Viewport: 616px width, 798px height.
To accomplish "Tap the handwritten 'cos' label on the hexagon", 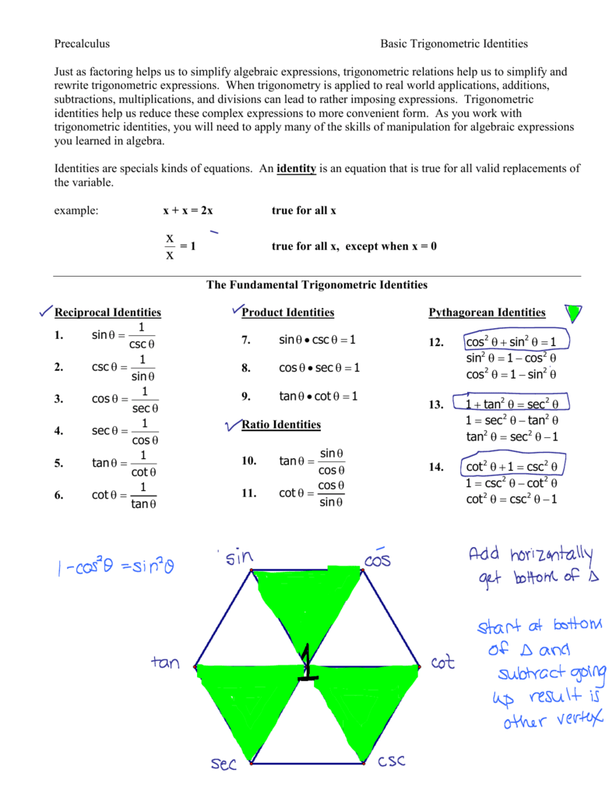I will click(377, 559).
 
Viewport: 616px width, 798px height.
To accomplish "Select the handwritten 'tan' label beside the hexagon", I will click(165, 664).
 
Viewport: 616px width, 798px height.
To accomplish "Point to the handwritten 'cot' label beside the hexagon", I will click(442, 664).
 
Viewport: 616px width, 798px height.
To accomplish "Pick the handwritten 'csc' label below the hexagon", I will click(392, 761).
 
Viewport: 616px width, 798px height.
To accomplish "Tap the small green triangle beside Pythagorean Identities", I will click(575, 313).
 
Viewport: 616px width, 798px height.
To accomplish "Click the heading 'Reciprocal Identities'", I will click(107, 312).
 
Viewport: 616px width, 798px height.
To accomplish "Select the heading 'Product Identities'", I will click(288, 312).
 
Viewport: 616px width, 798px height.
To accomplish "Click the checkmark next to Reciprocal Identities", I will click(45, 312).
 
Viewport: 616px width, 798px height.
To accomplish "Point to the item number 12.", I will click(435, 342).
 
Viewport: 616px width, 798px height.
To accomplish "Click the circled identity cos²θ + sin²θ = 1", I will click(511, 342).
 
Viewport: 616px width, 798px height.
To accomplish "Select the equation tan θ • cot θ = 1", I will click(318, 396).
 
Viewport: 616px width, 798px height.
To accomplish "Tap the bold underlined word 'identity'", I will click(296, 169).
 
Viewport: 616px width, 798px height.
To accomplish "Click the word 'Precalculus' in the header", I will click(82, 44).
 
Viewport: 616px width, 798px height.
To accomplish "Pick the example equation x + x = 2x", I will click(188, 211).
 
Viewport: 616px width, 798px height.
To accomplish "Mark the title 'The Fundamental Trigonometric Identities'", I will click(317, 285).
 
